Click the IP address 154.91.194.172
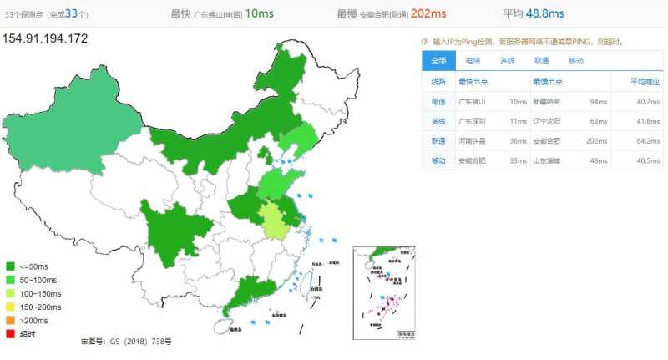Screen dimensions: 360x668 (44, 38)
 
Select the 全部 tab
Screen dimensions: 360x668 (438, 61)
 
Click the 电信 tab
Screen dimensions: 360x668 (473, 61)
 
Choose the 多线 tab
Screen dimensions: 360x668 (507, 61)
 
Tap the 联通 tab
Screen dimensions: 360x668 (541, 61)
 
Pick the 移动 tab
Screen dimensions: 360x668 (575, 61)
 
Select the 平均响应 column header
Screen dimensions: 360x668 (645, 82)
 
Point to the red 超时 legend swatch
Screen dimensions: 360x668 (10, 334)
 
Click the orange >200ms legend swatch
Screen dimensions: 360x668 (10, 321)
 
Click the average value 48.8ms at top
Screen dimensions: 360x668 (545, 13)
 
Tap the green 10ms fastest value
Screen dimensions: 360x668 (260, 13)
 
